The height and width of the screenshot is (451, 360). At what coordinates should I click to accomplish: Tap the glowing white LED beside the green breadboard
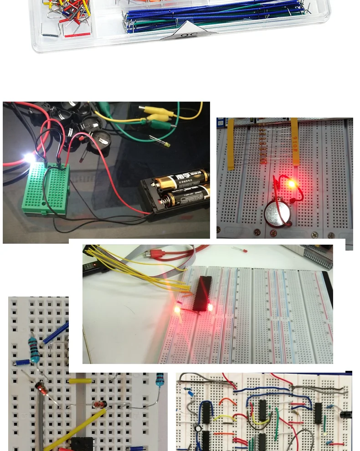(30, 158)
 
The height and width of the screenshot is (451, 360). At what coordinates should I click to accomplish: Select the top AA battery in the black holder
(180, 179)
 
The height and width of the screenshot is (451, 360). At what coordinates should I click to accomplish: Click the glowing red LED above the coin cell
(291, 184)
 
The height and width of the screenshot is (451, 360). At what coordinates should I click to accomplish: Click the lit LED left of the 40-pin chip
(177, 309)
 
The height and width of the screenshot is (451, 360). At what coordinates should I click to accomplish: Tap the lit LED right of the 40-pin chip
(211, 308)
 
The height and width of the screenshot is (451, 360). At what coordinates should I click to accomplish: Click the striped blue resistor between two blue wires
(33, 349)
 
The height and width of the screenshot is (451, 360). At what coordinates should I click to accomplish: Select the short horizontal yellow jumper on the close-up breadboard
(81, 380)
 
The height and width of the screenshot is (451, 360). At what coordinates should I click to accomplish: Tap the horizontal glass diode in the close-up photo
(98, 404)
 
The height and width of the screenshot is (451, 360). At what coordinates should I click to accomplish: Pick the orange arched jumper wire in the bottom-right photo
(227, 402)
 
